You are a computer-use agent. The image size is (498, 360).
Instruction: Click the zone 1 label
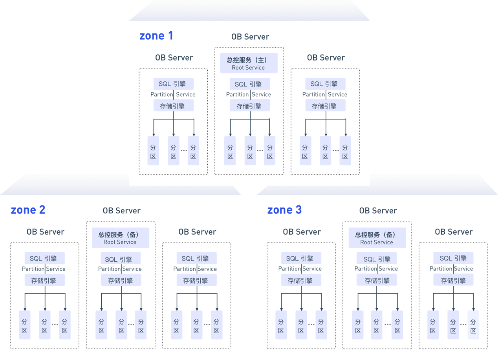point(156,36)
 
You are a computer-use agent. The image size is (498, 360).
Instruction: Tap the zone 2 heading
point(28,210)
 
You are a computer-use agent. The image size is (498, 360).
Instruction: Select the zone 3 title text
point(284,210)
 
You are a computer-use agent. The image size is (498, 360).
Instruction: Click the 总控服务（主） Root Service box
point(249,63)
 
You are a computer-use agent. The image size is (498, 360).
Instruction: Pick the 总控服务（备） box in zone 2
point(120,238)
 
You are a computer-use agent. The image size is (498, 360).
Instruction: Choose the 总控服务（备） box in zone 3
point(377,238)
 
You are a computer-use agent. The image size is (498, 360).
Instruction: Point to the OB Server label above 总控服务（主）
point(250,37)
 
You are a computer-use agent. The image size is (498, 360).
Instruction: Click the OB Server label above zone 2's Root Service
point(121,211)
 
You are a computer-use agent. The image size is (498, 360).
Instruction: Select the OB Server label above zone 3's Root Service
point(378,211)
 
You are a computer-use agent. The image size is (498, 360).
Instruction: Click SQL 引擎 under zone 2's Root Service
point(121,259)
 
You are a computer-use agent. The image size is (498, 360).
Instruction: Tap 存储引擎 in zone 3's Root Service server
point(377,281)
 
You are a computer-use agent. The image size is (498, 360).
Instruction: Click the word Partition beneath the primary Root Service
point(237,94)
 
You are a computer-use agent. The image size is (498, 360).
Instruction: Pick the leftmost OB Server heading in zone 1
point(174,58)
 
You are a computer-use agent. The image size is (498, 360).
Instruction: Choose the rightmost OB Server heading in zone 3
point(453,232)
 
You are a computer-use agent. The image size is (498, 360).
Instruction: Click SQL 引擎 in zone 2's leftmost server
point(45,258)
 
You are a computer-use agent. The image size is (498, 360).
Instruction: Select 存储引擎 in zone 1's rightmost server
point(325,106)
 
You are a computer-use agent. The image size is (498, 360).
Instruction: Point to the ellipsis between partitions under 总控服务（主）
point(260,150)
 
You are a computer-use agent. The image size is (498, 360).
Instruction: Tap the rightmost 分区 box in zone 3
point(473,325)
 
